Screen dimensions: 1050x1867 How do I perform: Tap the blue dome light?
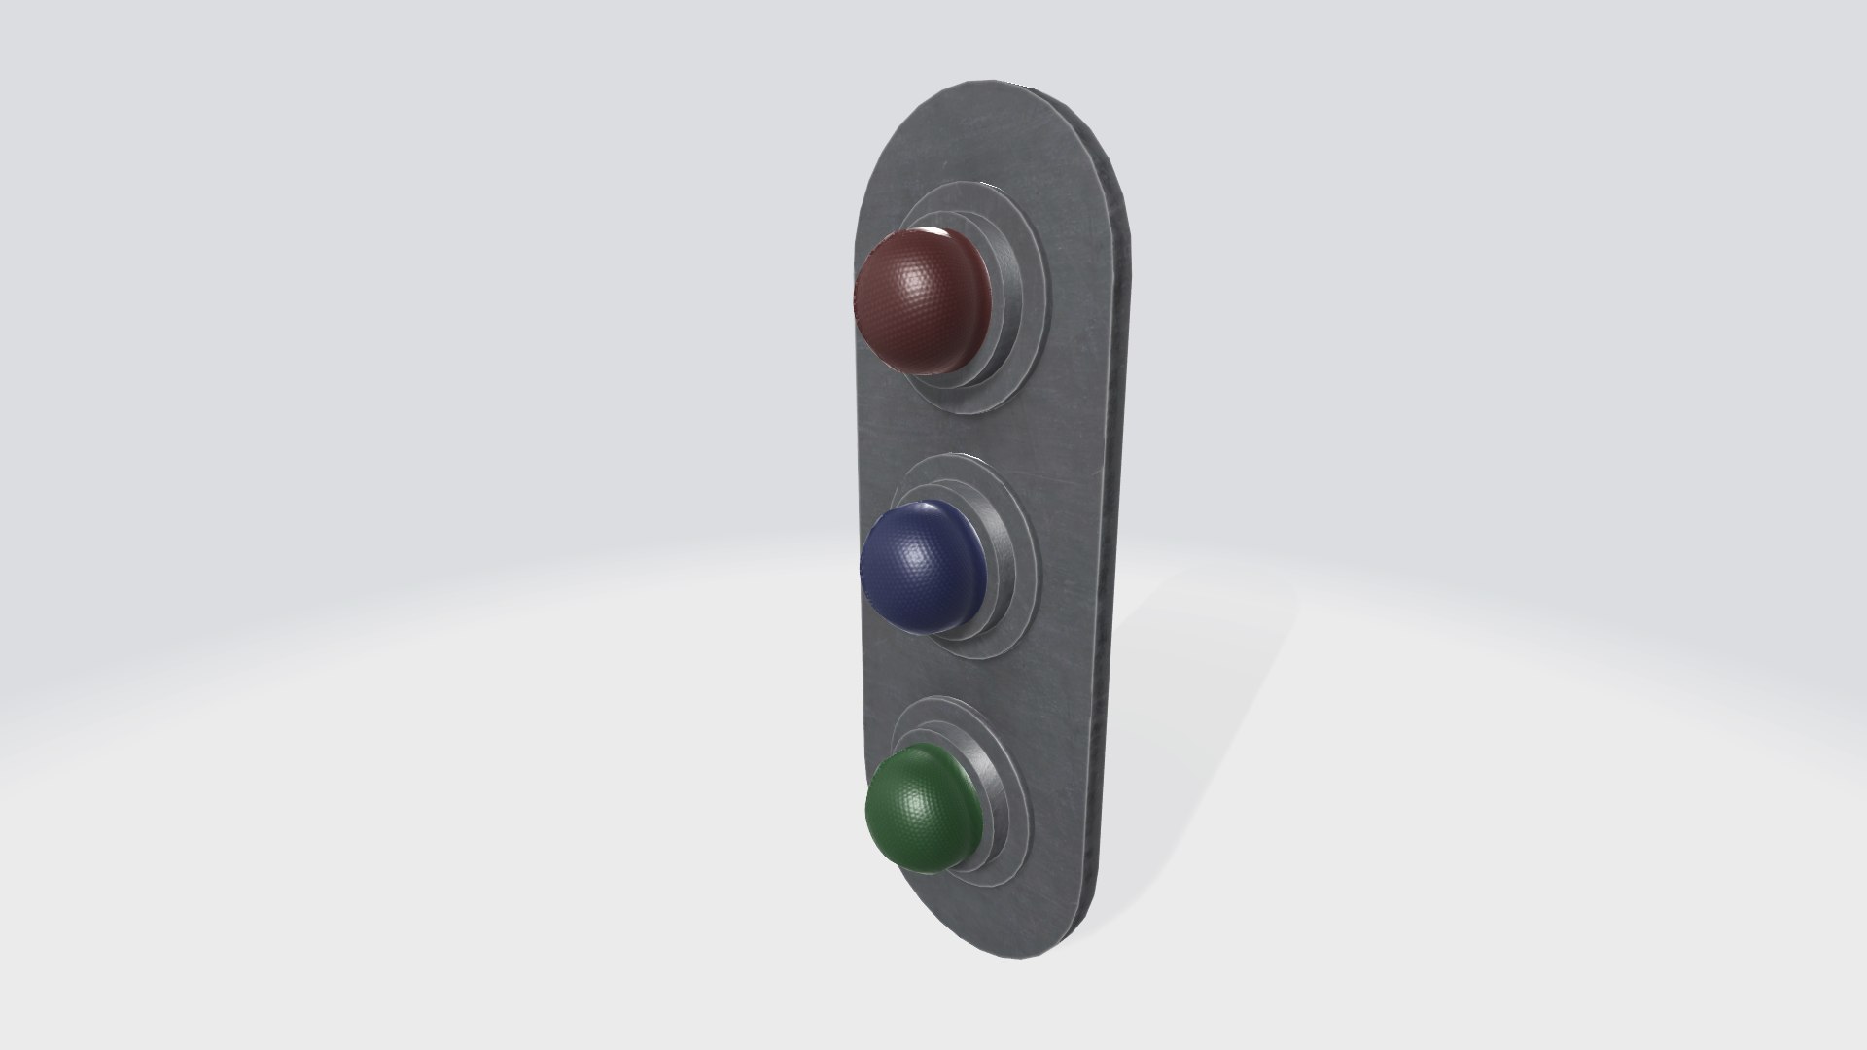922,569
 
